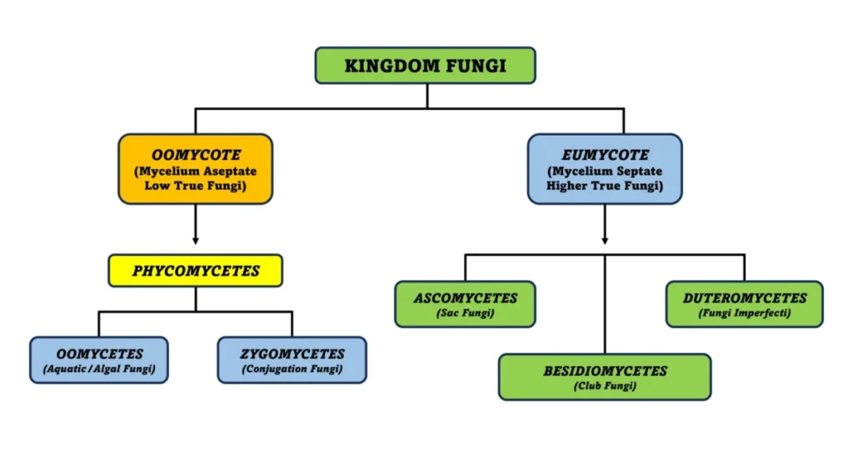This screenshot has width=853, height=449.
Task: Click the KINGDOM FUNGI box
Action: pyautogui.click(x=425, y=65)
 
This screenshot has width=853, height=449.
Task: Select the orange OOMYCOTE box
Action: pyautogui.click(x=195, y=169)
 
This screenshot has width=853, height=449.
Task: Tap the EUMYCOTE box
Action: pyautogui.click(x=605, y=169)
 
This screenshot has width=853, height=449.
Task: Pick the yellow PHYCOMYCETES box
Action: pyautogui.click(x=195, y=271)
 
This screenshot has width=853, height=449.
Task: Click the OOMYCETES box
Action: pyautogui.click(x=98, y=360)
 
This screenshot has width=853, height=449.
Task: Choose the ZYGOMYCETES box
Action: pyautogui.click(x=292, y=360)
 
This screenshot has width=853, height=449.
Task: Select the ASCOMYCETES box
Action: pyautogui.click(x=465, y=304)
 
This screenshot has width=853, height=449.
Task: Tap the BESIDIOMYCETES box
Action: pyautogui.click(x=605, y=377)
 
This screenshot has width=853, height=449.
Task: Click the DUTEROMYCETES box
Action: pyautogui.click(x=744, y=304)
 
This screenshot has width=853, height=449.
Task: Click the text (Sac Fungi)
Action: pyautogui.click(x=465, y=314)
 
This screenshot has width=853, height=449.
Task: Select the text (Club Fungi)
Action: pyautogui.click(x=605, y=387)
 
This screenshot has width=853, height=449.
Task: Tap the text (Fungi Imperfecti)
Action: pyautogui.click(x=744, y=314)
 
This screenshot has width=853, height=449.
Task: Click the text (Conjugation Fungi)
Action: pyautogui.click(x=292, y=370)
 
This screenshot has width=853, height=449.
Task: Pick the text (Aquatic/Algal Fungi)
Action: pyautogui.click(x=98, y=370)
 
